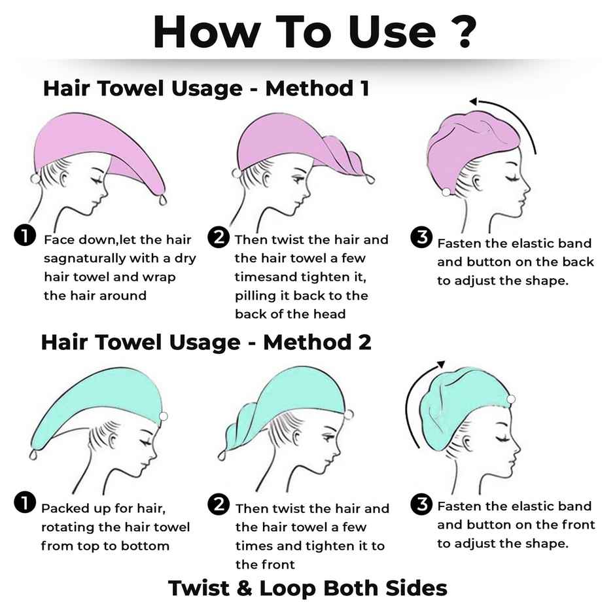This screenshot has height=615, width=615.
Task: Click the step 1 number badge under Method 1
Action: [x=25, y=236]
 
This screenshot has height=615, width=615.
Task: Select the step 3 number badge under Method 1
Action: [x=421, y=237]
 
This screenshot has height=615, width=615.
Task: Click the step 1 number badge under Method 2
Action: [x=25, y=503]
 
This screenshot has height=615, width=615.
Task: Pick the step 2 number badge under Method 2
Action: [x=219, y=504]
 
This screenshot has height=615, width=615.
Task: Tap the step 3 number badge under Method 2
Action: [x=421, y=504]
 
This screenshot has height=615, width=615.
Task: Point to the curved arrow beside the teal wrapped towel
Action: [x=410, y=400]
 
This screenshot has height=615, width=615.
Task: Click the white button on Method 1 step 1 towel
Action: [x=35, y=179]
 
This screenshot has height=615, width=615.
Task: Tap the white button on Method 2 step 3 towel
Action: [x=511, y=399]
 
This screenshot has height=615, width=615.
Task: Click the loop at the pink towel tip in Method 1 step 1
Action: [x=163, y=200]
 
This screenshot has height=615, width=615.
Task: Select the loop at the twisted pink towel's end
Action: [x=370, y=179]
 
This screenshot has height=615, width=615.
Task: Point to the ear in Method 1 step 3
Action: [x=476, y=182]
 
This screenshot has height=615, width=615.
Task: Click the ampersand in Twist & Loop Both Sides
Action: [x=244, y=588]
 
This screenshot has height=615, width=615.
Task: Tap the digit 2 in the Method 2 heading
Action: [x=364, y=342]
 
